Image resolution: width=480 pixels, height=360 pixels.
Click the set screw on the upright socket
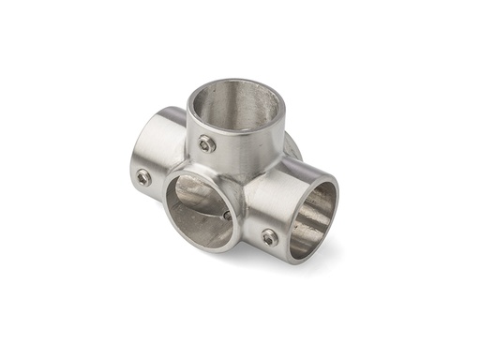[206, 143]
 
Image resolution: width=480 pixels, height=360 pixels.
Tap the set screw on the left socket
[143, 176]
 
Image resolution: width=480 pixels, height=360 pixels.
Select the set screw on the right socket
[270, 237]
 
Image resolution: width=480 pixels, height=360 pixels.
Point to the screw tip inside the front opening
[226, 215]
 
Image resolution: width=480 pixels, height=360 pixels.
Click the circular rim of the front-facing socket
[169, 208]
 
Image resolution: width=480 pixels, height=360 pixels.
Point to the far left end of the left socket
[130, 159]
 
